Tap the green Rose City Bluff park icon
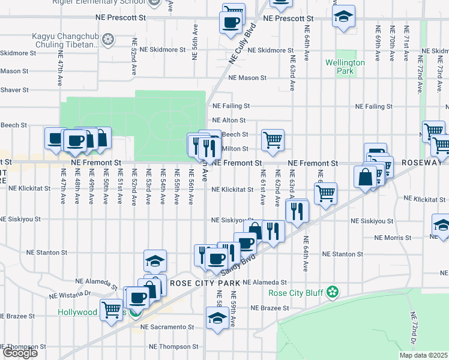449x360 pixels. click(x=333, y=293)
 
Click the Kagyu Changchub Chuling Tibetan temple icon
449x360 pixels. click(x=108, y=40)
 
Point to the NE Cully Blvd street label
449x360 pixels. click(x=242, y=44)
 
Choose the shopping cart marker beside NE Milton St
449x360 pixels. click(x=273, y=140)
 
